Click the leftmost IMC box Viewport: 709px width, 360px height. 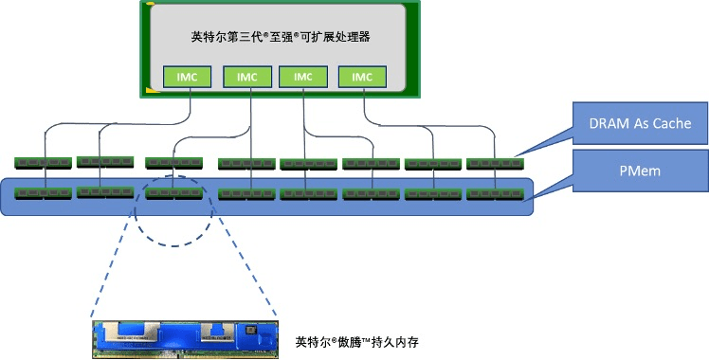[187, 77]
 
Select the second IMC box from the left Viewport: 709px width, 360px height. [247, 77]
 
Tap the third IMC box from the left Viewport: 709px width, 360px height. [303, 77]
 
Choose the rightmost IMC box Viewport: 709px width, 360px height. [362, 77]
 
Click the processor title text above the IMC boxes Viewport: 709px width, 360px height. [281, 37]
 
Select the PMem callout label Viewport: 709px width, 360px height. [640, 171]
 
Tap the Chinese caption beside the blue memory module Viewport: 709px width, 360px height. [357, 342]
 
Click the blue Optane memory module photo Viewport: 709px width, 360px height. [186, 340]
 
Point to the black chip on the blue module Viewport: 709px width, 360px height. [249, 331]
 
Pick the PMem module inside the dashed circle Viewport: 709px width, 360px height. [173, 193]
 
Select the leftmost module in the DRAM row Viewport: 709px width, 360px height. [43, 163]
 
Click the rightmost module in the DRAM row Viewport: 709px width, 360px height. [495, 164]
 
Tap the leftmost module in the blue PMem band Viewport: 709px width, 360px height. [43, 193]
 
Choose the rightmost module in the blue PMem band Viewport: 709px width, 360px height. [495, 194]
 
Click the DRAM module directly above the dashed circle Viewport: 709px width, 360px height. [173, 163]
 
